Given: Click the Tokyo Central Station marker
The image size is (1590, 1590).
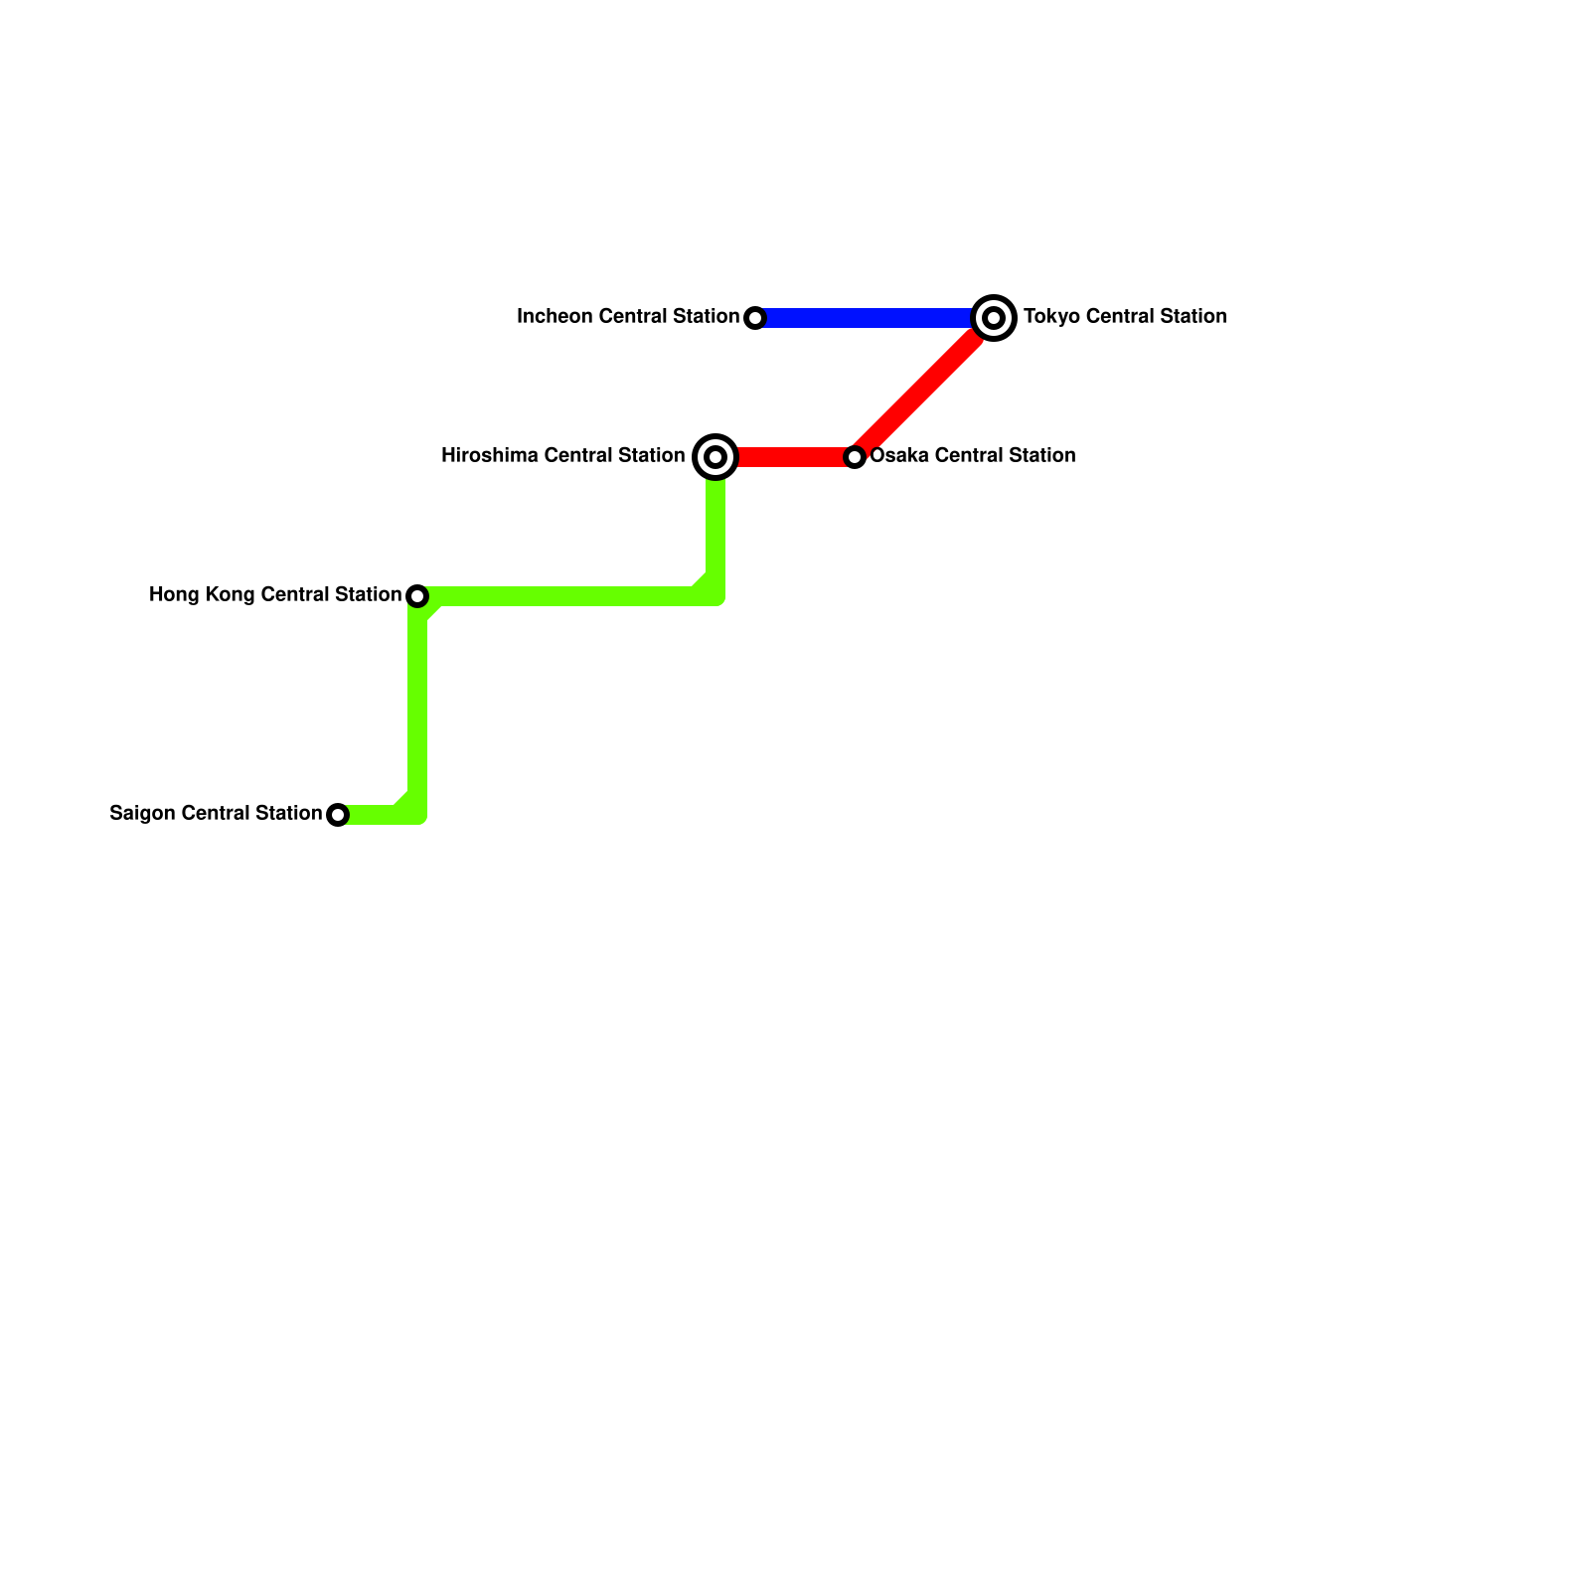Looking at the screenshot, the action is pos(994,318).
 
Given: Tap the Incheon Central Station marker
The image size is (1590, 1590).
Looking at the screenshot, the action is pos(755,318).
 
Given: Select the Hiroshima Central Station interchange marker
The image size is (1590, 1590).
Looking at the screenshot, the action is pos(715,457).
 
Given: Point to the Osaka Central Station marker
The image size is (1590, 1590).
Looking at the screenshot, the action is pos(855,457).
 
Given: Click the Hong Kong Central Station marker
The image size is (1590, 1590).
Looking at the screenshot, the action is pos(417,596).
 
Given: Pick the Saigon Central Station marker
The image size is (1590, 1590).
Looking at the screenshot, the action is pos(338,815).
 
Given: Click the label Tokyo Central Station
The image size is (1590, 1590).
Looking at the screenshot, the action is pos(1125,317).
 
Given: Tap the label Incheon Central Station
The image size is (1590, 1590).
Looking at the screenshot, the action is pos(628,317).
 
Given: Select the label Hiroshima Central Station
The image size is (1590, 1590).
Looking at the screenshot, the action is pos(562,456).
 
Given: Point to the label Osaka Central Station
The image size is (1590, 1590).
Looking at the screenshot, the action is pos(973,456).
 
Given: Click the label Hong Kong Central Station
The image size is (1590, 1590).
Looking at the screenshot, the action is pos(275,595).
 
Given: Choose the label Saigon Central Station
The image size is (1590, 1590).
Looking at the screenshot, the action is pos(216,814).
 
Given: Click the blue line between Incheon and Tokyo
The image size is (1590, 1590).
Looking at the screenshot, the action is pos(865,318).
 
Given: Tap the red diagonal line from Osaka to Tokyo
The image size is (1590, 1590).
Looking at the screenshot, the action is pos(924,388).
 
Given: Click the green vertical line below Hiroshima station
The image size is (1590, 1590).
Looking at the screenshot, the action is pos(715,527).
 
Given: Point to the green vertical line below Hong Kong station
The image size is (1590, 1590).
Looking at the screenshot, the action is pos(417,706).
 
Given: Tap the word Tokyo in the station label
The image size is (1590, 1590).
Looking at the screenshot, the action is pos(1047,317).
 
